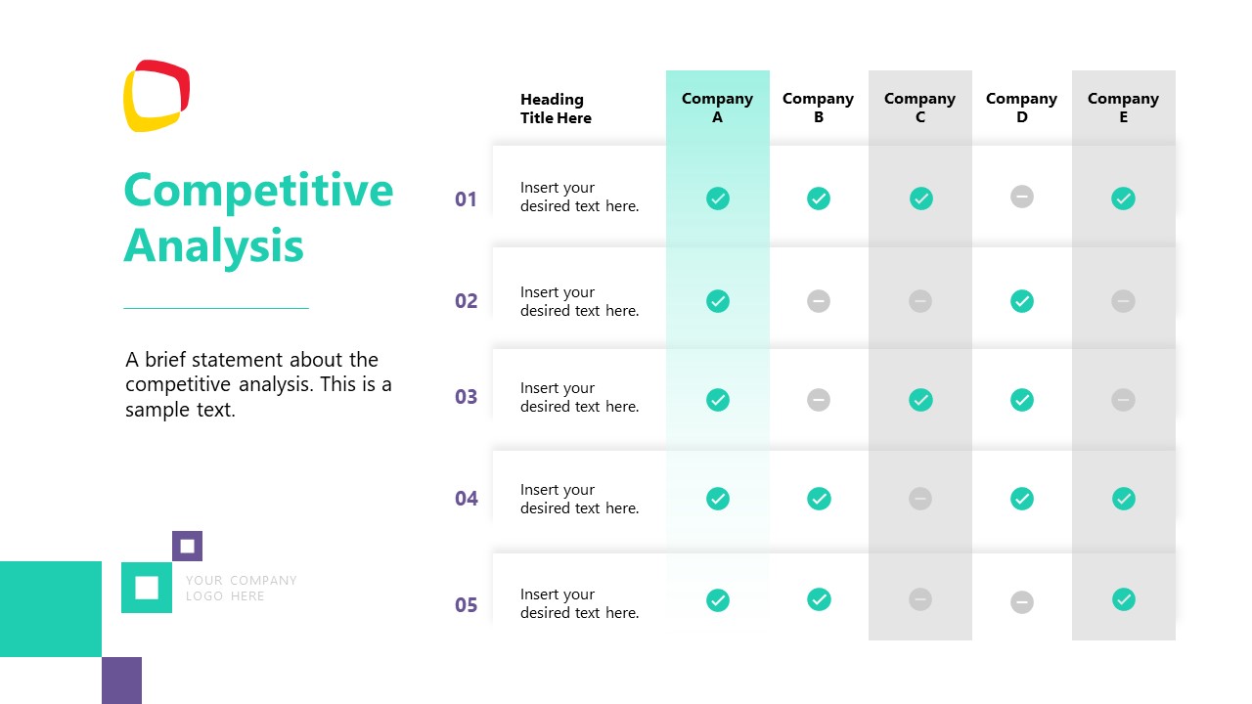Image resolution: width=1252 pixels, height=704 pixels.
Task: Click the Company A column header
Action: click(x=717, y=108)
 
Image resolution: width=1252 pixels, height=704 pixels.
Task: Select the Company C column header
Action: click(x=919, y=108)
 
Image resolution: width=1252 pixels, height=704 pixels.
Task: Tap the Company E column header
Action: click(x=1123, y=108)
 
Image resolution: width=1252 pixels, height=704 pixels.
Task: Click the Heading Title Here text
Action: click(x=556, y=109)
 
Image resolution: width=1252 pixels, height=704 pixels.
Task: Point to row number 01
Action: click(x=466, y=199)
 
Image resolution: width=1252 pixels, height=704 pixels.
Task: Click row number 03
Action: click(x=466, y=397)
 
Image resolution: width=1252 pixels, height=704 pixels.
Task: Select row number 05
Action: click(x=466, y=605)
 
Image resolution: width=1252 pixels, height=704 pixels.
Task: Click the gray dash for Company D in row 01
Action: click(x=1022, y=197)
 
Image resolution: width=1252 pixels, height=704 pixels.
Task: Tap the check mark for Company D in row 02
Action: click(x=1022, y=301)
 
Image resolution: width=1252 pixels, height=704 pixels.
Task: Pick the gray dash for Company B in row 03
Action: click(x=819, y=400)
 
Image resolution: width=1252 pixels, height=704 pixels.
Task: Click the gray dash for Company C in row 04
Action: click(x=920, y=499)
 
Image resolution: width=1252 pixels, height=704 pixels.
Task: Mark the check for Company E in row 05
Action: click(x=1124, y=599)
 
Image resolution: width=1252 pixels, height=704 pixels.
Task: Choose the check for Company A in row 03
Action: click(x=718, y=400)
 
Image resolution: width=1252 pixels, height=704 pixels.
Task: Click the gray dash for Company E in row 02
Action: click(x=1123, y=301)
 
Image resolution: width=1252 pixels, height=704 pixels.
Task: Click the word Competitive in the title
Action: click(x=258, y=190)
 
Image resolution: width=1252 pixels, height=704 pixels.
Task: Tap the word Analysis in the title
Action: click(x=213, y=244)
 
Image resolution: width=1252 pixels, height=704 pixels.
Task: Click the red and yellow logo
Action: click(x=156, y=96)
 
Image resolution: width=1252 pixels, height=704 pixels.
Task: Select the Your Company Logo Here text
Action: click(x=241, y=588)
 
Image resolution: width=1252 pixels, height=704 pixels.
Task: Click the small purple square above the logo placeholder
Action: click(x=187, y=546)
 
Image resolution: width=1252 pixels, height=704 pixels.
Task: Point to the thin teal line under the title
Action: click(x=216, y=308)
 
